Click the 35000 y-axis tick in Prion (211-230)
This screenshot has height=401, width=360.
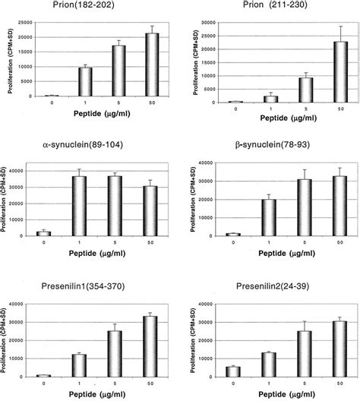(216, 22)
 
